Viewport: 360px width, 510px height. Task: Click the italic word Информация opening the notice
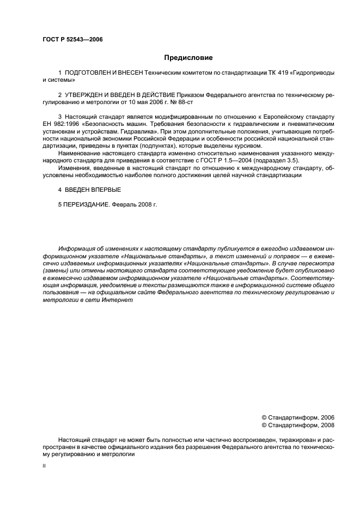click(x=79, y=248)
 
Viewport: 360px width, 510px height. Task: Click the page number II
click(x=44, y=466)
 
